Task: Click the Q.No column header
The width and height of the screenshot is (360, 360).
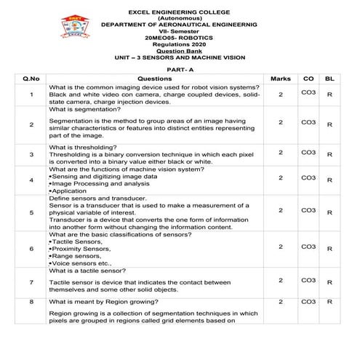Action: (31, 78)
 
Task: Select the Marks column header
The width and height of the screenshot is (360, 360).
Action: (280, 78)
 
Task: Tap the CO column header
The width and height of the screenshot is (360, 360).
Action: (308, 78)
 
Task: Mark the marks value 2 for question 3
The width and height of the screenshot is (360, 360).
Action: (280, 153)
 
